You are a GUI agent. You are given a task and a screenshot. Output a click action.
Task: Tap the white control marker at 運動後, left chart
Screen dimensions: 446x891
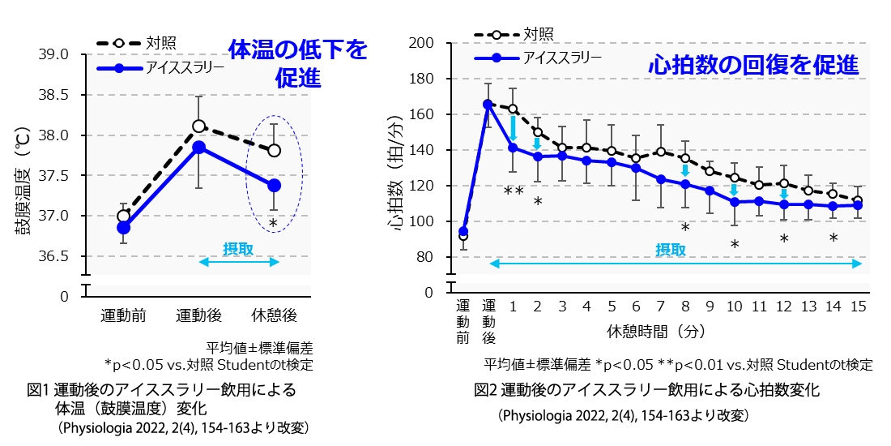point(198,126)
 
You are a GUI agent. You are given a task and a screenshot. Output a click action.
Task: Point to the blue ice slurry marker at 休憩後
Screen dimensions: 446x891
point(275,186)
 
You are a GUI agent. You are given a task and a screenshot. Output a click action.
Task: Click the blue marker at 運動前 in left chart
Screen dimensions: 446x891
point(123,228)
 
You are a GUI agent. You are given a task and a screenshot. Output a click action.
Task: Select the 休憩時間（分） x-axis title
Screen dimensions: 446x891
point(644,331)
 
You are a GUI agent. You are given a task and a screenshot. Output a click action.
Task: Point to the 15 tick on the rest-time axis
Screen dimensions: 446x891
point(858,307)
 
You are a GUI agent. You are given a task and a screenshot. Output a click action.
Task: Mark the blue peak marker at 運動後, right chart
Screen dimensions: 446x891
point(488,104)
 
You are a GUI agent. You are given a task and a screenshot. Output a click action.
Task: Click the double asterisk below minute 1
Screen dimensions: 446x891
point(513,192)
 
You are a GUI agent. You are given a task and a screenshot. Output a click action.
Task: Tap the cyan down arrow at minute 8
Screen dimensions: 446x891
point(685,170)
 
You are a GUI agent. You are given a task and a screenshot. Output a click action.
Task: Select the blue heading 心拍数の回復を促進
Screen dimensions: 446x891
point(752,66)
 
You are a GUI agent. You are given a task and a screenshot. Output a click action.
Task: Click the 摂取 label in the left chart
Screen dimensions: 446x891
point(238,249)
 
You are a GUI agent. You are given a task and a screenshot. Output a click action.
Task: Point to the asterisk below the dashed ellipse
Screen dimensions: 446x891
point(273,224)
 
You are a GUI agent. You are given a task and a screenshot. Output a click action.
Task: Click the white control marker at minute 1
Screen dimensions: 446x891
point(513,109)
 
